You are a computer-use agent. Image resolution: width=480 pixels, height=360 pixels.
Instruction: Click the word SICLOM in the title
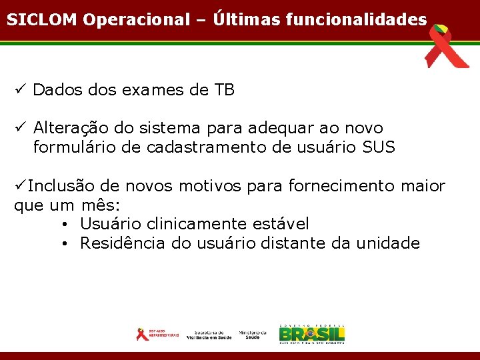[42, 19]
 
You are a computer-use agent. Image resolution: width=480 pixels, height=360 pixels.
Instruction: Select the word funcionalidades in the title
[356, 19]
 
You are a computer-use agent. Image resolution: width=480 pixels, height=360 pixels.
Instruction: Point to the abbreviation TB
[224, 90]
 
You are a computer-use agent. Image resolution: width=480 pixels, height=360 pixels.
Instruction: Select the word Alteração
[72, 127]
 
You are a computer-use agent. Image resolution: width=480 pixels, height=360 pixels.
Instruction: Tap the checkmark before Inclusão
[20, 186]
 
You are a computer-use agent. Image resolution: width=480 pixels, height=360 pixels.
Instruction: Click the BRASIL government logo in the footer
[311, 333]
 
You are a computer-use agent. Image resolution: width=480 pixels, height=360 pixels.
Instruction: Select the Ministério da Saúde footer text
[253, 335]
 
